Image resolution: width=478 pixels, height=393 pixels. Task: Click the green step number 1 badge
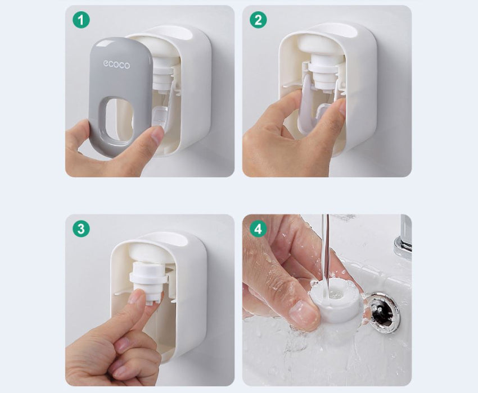coord(81,20)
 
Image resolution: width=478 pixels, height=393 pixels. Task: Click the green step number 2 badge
coord(258,20)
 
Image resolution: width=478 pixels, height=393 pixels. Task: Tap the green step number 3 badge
coord(81,229)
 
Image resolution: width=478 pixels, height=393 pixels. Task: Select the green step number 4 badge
coord(258,229)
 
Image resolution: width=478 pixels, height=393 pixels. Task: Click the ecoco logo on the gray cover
coord(116,65)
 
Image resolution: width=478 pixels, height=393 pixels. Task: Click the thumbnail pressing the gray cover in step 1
coord(157,135)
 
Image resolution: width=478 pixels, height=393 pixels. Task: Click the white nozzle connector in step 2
coord(323,74)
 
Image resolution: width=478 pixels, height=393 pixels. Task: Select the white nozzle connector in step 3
coord(148,280)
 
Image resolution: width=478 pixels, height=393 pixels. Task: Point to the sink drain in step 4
coord(381,311)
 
